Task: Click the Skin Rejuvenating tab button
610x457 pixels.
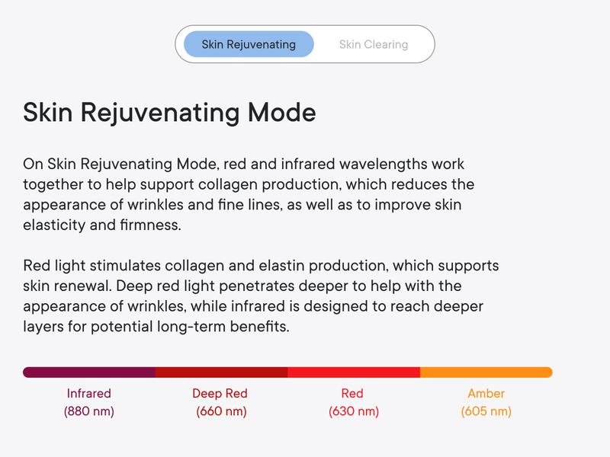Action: point(249,44)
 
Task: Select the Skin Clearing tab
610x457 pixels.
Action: point(374,44)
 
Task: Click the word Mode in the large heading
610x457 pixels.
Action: point(281,113)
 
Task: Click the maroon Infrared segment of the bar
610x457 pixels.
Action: point(89,372)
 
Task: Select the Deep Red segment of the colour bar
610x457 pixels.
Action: point(221,372)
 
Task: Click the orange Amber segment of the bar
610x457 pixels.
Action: point(486,372)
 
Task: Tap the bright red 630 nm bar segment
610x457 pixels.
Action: point(354,372)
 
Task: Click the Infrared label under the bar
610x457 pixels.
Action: point(89,394)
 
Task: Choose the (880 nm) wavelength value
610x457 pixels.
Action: point(89,412)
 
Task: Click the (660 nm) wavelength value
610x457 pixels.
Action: point(221,412)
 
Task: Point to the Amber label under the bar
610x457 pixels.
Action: point(486,394)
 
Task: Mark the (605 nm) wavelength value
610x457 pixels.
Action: point(486,412)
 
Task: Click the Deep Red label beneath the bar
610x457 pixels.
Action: point(220,394)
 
